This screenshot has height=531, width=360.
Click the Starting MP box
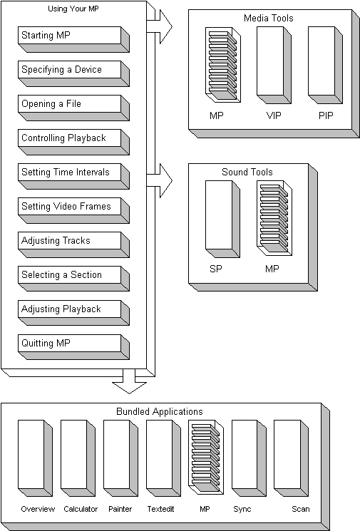coord(73,39)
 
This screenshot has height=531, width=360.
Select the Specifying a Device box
coord(73,73)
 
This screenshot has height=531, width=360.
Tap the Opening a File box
coord(73,108)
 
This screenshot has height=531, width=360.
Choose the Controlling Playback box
coord(73,142)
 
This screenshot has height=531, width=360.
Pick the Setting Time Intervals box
coord(73,176)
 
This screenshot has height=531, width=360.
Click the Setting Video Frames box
coord(73,210)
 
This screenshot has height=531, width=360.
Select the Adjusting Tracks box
coord(73,244)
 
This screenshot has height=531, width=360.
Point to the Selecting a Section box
coord(73,279)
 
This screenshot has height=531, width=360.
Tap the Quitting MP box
coord(73,347)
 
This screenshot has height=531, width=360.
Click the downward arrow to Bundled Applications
coord(129,381)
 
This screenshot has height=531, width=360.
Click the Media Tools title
coord(268,18)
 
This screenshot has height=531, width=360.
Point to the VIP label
coord(274,115)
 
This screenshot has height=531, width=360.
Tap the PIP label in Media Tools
coord(326,115)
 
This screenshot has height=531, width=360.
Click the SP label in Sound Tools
coord(216,269)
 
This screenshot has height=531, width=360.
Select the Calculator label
coord(81,509)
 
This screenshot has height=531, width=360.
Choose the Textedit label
coord(160,509)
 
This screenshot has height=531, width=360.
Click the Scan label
coord(301,509)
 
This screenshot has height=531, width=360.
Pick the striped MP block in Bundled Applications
coord(206,458)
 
